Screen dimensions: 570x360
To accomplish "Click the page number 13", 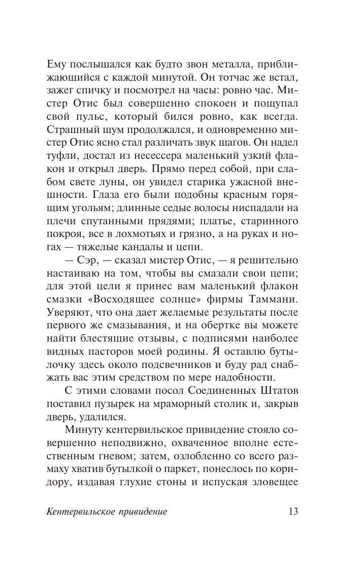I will [x=292, y=511].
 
